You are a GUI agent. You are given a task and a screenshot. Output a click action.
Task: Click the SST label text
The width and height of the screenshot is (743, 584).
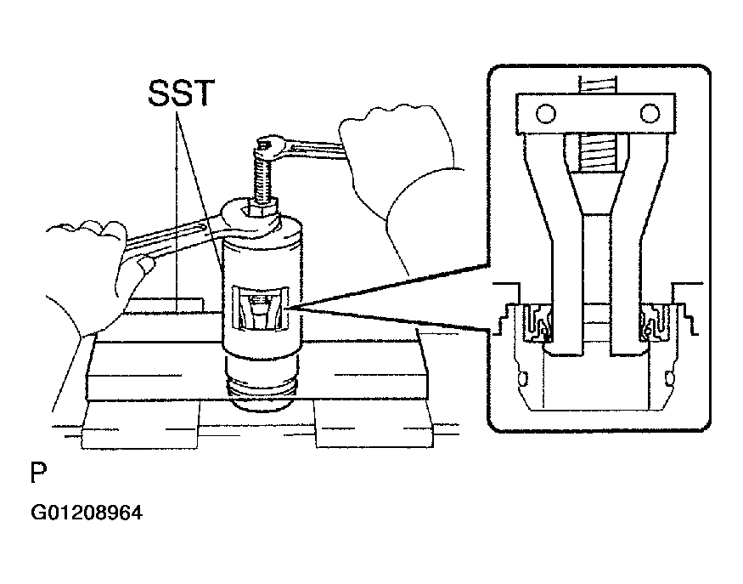(x=182, y=93)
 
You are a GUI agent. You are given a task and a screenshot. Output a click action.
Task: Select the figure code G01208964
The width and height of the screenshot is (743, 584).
(x=87, y=513)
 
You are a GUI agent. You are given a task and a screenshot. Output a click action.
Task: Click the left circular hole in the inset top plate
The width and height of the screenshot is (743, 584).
(x=546, y=113)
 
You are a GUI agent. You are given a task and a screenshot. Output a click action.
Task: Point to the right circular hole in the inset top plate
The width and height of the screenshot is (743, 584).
(x=650, y=113)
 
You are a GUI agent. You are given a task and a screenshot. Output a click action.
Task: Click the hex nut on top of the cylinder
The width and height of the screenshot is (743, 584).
(x=259, y=209)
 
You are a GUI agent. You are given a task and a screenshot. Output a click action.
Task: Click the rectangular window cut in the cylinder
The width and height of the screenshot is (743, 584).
(x=260, y=309)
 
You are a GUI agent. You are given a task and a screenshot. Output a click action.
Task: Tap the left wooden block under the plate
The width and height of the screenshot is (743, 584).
(x=141, y=423)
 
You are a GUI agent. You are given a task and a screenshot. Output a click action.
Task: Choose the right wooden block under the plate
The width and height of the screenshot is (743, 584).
(x=374, y=423)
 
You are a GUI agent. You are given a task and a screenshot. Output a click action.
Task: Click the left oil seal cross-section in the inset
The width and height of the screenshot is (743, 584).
(x=537, y=322)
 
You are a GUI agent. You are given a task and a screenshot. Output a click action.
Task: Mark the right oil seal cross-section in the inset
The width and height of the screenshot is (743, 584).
(x=656, y=322)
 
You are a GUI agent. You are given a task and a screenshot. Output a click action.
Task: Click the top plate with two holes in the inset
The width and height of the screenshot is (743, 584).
(x=596, y=113)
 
